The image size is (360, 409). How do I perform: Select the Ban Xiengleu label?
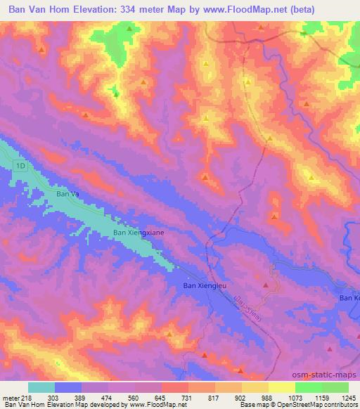pyautogui.click(x=204, y=285)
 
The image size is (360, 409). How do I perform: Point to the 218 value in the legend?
pyautogui.click(x=27, y=398)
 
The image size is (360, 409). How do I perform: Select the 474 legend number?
pyautogui.click(x=94, y=398)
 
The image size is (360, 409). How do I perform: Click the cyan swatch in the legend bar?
pyautogui.click(x=41, y=387)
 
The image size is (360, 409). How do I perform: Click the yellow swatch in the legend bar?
pyautogui.click(x=281, y=387)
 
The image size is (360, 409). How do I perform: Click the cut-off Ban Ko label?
pyautogui.click(x=349, y=299)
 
